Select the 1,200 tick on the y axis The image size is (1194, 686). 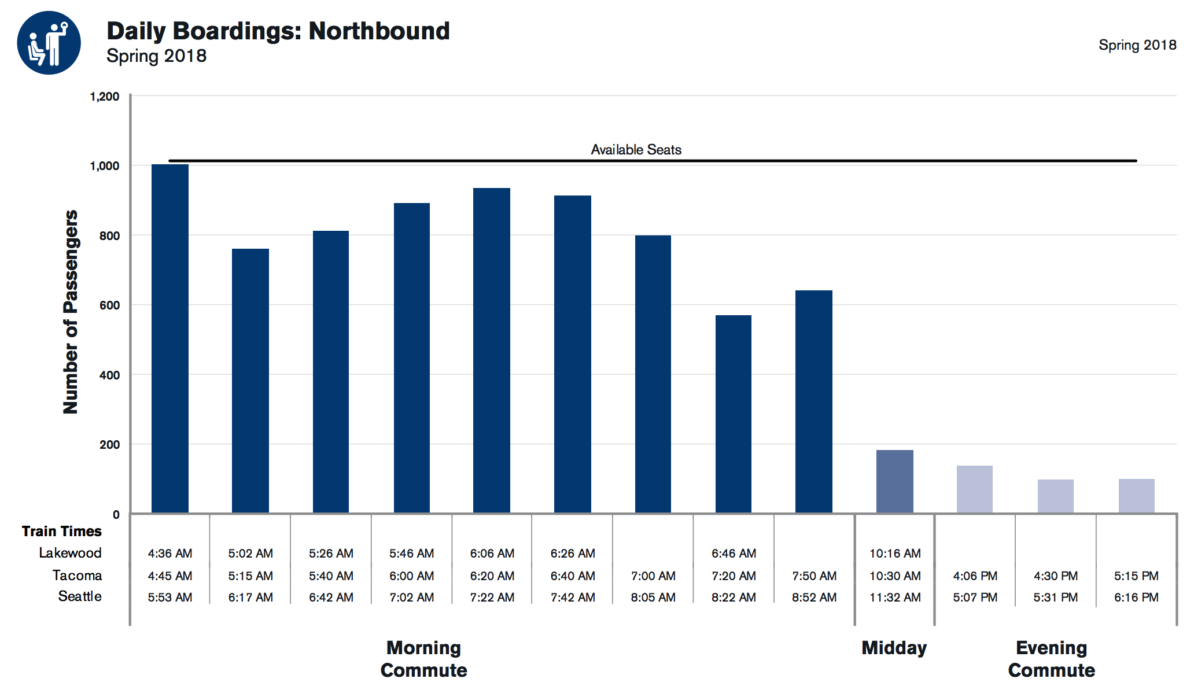click(105, 97)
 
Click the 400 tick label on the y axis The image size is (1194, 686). click(109, 375)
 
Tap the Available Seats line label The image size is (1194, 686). click(636, 150)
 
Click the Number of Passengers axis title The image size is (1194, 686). click(71, 312)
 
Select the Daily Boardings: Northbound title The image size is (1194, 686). click(278, 31)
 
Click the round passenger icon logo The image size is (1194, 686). click(49, 43)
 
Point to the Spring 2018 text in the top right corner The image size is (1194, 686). click(1137, 45)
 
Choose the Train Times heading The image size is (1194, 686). click(61, 531)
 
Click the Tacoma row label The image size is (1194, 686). click(77, 576)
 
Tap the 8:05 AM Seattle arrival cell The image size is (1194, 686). click(653, 598)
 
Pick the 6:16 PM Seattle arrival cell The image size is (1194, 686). click(1136, 598)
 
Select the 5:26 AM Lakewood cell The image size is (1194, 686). click(331, 554)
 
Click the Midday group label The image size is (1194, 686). click(894, 648)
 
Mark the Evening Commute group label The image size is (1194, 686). click(1051, 659)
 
